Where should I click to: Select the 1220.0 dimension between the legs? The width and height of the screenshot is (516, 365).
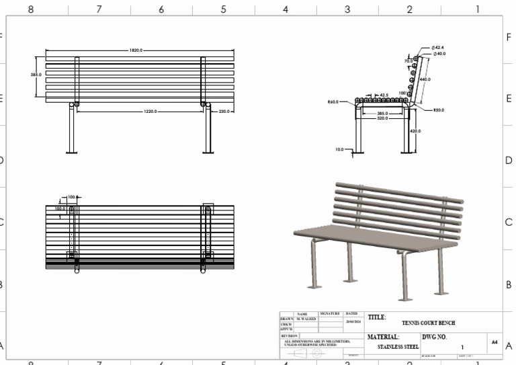pyautogui.click(x=150, y=112)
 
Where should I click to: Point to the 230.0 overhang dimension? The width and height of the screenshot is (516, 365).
pyautogui.click(x=223, y=112)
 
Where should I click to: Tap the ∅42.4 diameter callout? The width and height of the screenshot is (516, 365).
pyautogui.click(x=439, y=48)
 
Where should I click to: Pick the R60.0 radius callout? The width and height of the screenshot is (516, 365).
pyautogui.click(x=333, y=102)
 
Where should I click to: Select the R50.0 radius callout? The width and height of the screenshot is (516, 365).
pyautogui.click(x=439, y=110)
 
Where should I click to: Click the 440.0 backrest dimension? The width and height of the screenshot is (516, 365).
pyautogui.click(x=425, y=79)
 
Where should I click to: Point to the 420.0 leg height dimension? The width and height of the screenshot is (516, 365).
pyautogui.click(x=415, y=131)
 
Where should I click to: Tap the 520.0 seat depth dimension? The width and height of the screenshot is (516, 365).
pyautogui.click(x=382, y=118)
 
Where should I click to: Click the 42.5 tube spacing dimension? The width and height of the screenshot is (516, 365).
pyautogui.click(x=384, y=95)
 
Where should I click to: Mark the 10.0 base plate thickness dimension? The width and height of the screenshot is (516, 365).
pyautogui.click(x=339, y=149)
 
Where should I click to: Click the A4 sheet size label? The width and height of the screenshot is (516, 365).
pyautogui.click(x=494, y=342)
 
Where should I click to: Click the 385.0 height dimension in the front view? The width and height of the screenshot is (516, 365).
pyautogui.click(x=36, y=75)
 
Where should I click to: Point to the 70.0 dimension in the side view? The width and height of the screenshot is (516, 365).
pyautogui.click(x=408, y=61)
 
